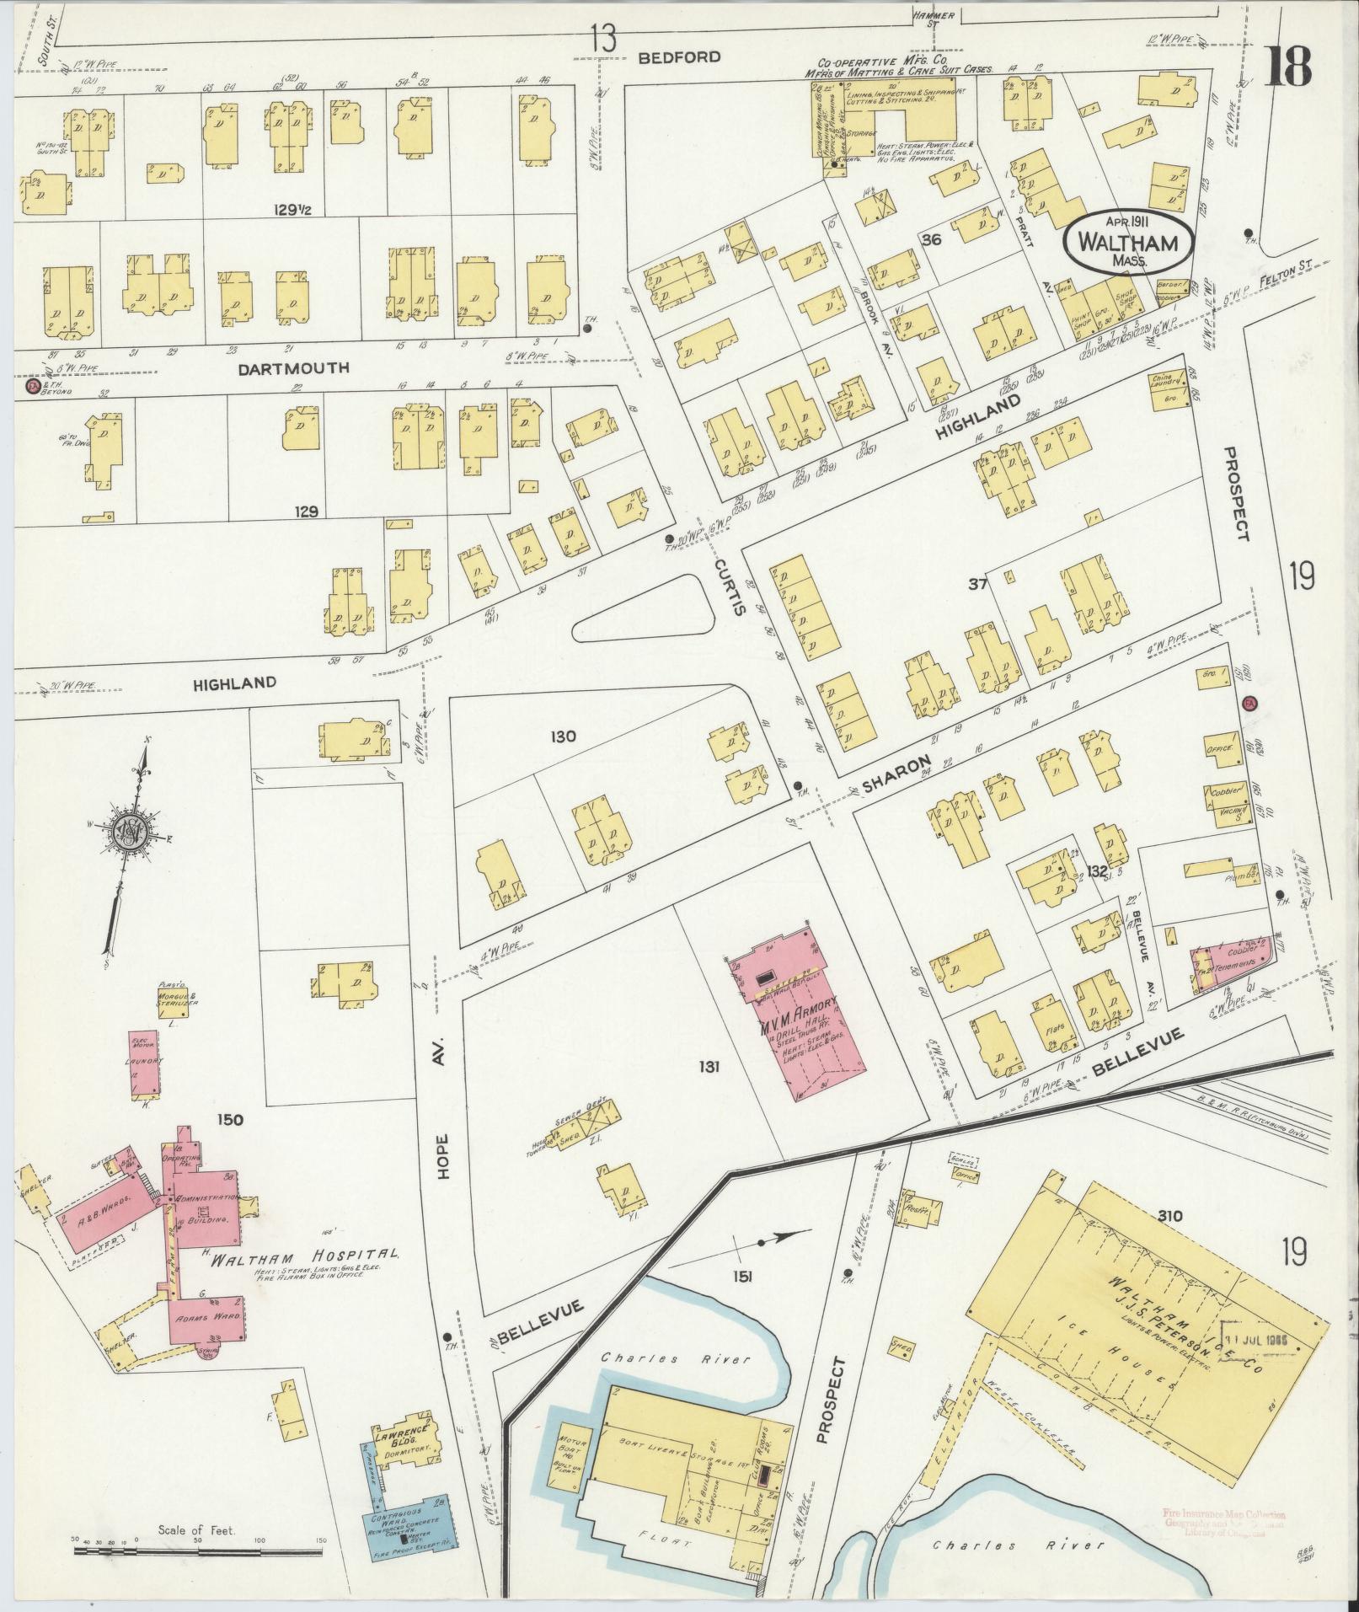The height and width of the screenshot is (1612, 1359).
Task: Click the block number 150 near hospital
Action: click(229, 1119)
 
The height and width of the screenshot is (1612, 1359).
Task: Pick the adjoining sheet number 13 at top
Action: click(602, 38)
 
